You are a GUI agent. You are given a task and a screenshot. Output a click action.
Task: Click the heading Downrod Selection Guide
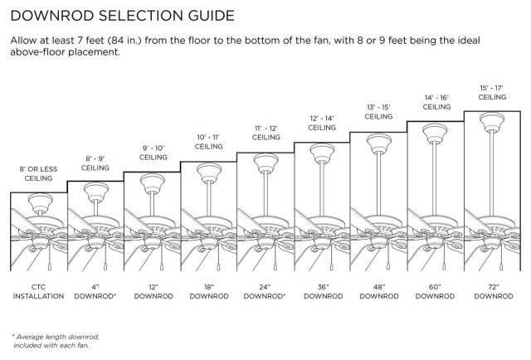[122, 16]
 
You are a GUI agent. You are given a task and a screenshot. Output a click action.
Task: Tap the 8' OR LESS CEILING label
[38, 173]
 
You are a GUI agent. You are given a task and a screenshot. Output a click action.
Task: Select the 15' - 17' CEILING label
[492, 92]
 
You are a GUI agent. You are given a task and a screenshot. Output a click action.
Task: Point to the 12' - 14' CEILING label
[322, 123]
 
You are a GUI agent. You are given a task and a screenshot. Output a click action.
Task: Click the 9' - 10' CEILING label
[153, 153]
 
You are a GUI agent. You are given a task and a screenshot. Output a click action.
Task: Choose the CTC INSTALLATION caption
[38, 292]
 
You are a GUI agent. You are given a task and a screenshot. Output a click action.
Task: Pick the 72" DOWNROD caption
[494, 292]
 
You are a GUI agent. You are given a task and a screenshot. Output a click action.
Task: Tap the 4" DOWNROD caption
[95, 292]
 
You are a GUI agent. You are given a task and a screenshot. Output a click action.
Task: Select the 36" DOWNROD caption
[323, 292]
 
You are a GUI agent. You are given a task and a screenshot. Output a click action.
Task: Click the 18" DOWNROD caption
[209, 292]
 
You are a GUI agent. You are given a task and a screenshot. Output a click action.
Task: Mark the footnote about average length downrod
[56, 341]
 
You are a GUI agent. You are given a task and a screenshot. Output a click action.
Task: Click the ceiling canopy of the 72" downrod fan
[492, 122]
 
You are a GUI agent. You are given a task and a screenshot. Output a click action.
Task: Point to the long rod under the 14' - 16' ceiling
[435, 178]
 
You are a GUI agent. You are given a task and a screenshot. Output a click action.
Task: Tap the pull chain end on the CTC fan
[50, 267]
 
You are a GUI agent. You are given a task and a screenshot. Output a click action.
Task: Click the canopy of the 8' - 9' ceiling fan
[96, 192]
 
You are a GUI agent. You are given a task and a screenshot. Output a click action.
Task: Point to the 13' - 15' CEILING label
[378, 112]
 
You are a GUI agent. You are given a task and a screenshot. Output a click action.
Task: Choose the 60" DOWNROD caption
[435, 292]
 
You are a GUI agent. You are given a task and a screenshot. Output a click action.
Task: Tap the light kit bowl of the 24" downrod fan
[265, 242]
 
